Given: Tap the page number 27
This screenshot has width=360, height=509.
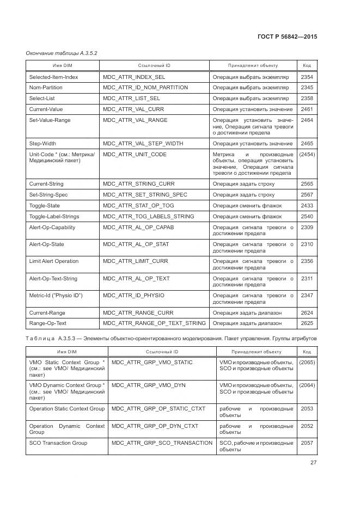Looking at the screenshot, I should (x=313, y=463).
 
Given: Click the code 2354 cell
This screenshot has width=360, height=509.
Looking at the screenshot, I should (x=307, y=77).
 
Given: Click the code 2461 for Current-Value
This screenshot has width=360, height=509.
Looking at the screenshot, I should (x=307, y=109).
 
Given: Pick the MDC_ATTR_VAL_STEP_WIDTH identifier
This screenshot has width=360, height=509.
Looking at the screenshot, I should (x=143, y=144).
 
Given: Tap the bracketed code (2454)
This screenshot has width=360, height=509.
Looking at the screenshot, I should (x=307, y=155).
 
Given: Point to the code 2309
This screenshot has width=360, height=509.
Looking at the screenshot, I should (x=307, y=228).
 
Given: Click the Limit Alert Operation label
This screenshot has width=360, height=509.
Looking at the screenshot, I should (x=53, y=261).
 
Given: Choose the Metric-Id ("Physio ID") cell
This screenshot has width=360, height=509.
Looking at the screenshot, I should (x=56, y=296).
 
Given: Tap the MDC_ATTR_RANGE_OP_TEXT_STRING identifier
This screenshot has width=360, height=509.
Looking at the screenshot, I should (x=154, y=323).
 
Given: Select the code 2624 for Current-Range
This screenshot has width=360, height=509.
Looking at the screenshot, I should (x=307, y=313).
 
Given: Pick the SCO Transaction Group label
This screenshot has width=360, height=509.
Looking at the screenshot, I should (x=58, y=443).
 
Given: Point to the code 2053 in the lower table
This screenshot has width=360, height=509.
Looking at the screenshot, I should (x=307, y=409).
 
